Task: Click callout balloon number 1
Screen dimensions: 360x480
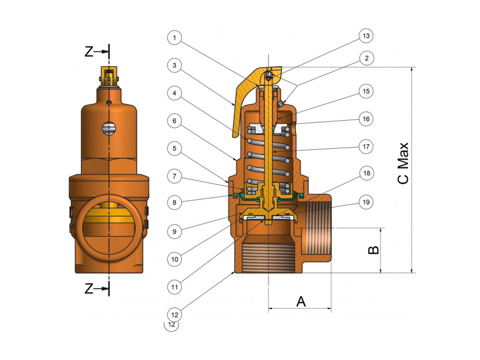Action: [174, 38]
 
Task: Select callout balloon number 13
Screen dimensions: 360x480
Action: [365, 36]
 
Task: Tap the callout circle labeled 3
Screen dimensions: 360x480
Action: [174, 65]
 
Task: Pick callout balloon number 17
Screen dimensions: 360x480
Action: [365, 146]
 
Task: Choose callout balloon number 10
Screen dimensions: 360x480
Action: [174, 259]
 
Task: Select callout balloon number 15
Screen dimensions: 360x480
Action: [365, 91]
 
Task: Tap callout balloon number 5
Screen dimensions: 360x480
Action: [174, 148]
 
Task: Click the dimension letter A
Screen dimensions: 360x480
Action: [301, 301]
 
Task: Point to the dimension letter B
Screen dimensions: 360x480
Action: [373, 250]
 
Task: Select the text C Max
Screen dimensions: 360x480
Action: [403, 163]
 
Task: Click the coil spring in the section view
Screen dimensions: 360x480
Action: [267, 156]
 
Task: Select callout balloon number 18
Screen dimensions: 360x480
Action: [365, 173]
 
